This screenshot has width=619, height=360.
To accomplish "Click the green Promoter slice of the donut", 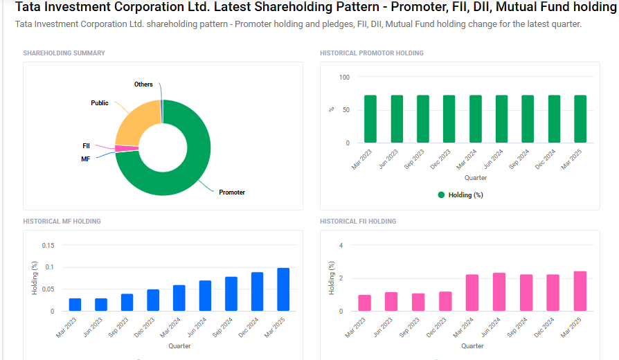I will pos(187,173).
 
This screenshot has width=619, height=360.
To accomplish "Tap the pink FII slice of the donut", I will pos(127,148).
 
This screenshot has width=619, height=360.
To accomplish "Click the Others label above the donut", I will pos(143,84).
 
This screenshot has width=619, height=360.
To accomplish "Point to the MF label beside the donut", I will pos(86,159).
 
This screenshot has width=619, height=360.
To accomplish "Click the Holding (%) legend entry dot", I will pos(441,195).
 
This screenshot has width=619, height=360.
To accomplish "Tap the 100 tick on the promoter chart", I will pos(344,77).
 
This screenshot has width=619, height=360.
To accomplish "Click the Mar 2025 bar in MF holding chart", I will pos(283,289).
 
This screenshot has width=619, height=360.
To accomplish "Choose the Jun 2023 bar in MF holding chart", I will pos(101,305).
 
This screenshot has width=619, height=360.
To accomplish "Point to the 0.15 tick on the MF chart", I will pos(47,245).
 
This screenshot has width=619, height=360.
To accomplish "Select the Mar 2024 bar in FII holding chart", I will pos(472,293).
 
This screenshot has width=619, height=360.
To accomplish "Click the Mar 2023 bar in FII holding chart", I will pos(364,303).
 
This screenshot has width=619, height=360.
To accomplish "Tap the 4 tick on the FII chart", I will pos(340,245).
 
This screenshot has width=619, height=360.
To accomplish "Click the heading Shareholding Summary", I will pos(64,53).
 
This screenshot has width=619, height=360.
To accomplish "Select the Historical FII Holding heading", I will pos(358,222).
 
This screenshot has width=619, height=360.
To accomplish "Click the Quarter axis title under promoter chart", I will pos(475,178).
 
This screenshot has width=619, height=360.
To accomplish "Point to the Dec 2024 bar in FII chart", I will pos(553,293).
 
